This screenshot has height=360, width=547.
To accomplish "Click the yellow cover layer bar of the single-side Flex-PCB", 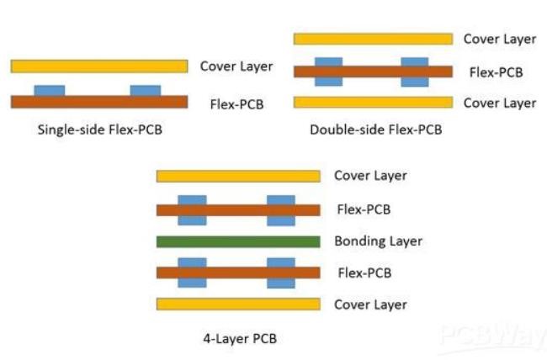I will click(98, 66).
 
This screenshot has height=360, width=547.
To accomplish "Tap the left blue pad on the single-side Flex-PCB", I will click(49, 91).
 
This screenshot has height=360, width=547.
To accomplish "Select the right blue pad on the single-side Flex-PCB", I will click(146, 91).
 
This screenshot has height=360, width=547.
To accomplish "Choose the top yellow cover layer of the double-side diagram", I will click(372, 39).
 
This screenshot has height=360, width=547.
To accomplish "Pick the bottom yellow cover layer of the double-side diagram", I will click(372, 103).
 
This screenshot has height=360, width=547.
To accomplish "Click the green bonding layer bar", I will click(238, 241).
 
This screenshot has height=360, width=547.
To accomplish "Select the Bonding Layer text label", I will click(378, 241).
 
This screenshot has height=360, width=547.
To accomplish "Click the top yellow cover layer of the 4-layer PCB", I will click(238, 176).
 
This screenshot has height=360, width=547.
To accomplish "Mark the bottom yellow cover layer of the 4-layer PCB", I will click(238, 304).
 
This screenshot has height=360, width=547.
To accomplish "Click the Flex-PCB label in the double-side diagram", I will click(497, 71).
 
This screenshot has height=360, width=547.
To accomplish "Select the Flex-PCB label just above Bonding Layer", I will click(363, 209).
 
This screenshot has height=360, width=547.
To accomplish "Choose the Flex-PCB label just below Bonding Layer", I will click(363, 273).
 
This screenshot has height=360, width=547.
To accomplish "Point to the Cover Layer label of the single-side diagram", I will click(236, 66).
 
